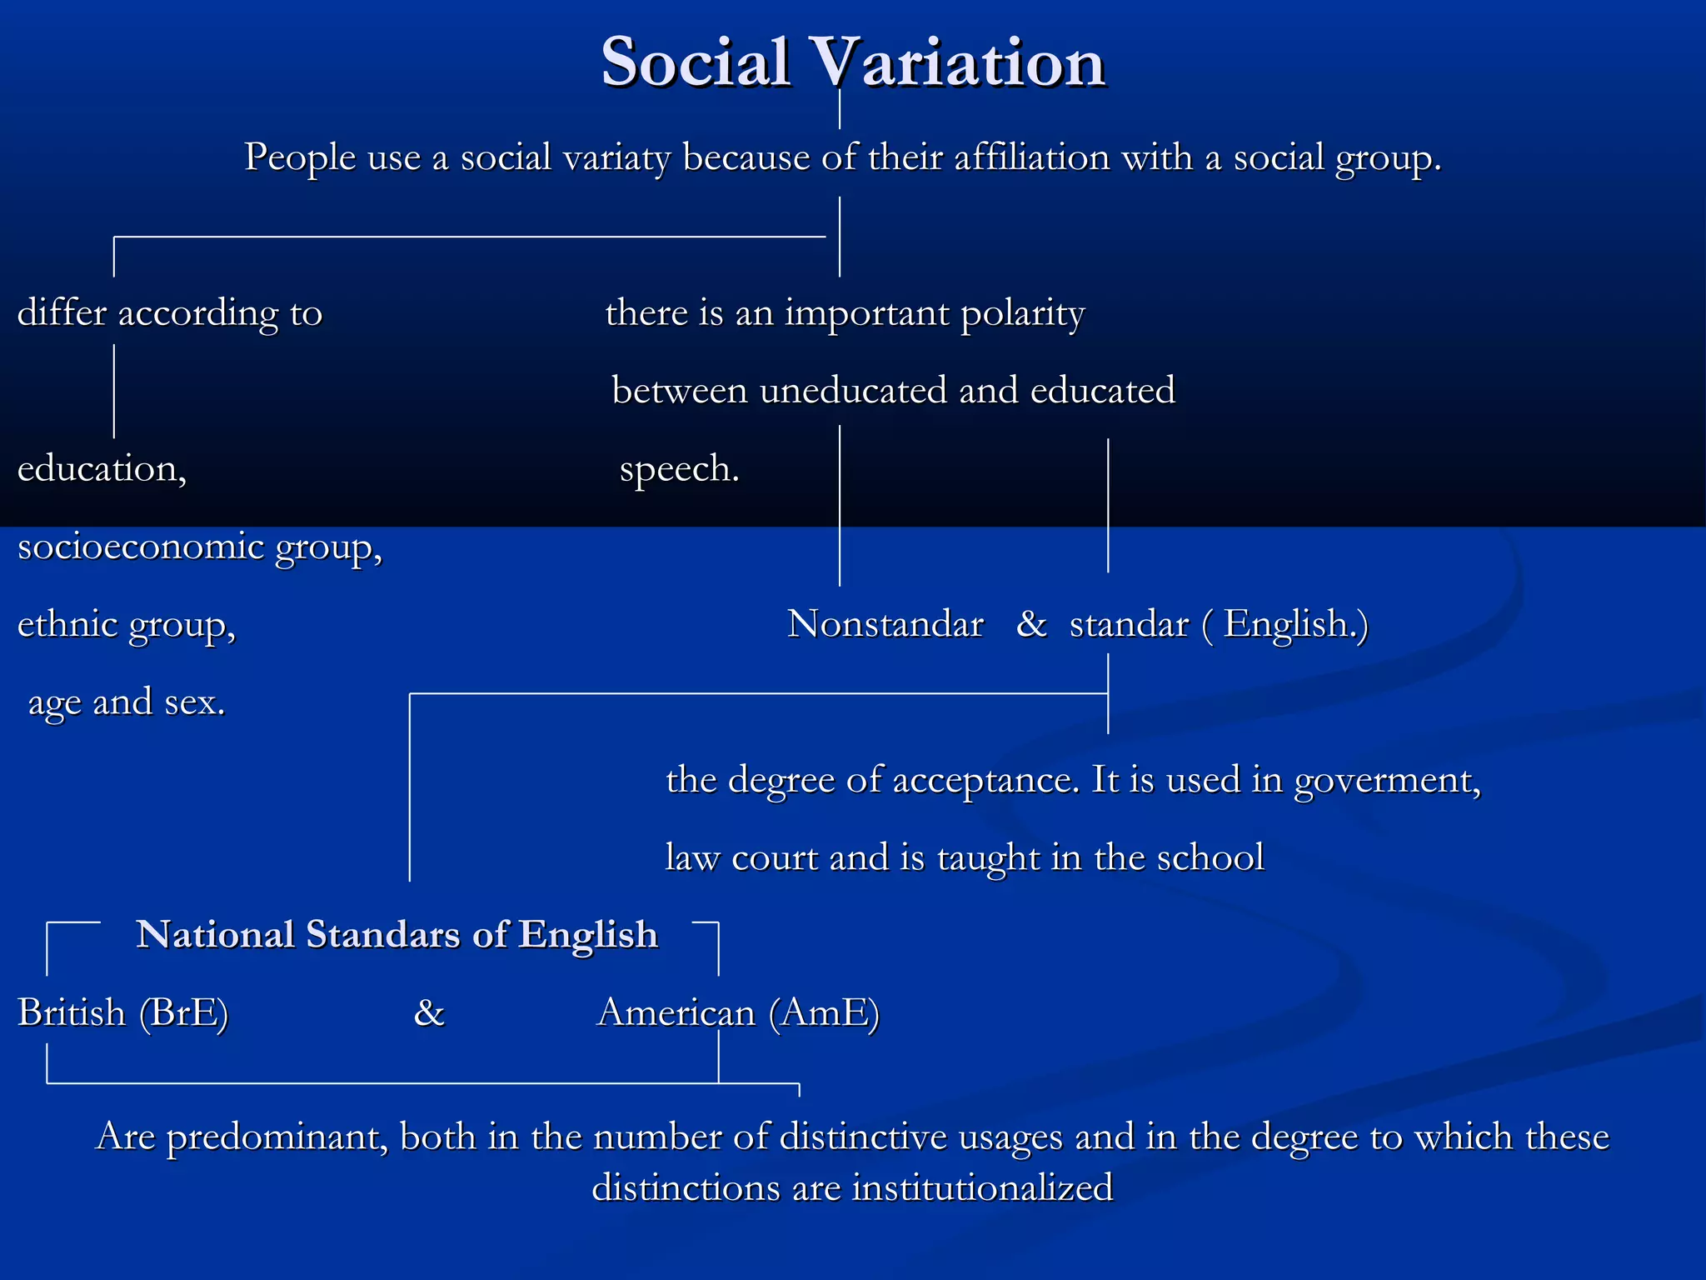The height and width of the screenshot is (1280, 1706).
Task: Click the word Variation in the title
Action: [958, 62]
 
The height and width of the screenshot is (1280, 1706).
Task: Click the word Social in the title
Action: [696, 62]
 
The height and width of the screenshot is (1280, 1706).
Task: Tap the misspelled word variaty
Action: [616, 158]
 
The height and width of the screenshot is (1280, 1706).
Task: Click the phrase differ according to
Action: [170, 314]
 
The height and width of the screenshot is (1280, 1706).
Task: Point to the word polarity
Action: [1022, 314]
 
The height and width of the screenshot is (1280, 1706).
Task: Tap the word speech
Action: [679, 469]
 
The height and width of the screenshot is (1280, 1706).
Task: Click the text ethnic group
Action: [127, 625]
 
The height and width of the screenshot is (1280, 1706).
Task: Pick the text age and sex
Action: [127, 702]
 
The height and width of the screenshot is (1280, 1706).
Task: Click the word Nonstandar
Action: [885, 624]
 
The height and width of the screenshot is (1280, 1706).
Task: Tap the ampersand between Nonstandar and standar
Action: [1031, 623]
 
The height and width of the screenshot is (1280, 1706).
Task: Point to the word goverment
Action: [1387, 781]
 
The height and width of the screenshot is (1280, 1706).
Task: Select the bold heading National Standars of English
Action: [397, 935]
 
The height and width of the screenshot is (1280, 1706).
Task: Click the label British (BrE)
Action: [123, 1013]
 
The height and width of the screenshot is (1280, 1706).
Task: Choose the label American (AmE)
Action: [739, 1013]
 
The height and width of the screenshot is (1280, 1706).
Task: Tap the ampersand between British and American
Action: [429, 1013]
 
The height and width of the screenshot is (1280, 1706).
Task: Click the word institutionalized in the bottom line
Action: [982, 1187]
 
